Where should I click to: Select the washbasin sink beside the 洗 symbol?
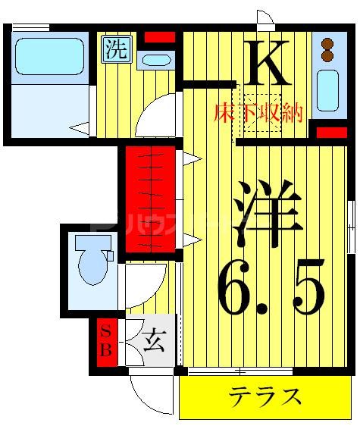click(x=157, y=59)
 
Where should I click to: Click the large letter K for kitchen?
click(x=268, y=64)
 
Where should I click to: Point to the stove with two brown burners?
click(x=327, y=49)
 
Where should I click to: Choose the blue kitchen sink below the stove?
click(x=327, y=92)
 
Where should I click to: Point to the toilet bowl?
click(x=92, y=262)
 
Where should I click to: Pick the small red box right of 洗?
click(x=159, y=36)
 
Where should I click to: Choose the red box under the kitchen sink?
click(x=331, y=133)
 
